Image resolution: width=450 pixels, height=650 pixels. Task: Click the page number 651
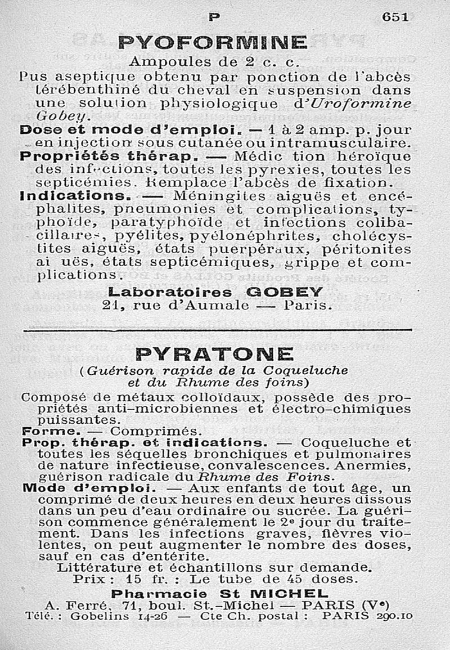[x=395, y=17]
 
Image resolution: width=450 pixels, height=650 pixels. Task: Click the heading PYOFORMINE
[x=213, y=43]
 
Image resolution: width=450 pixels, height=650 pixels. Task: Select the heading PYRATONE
[x=214, y=354]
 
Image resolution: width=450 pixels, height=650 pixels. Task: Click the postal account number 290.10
[x=393, y=616]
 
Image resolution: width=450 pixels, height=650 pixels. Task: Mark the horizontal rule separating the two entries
[x=217, y=330]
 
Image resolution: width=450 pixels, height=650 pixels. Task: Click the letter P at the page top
[x=214, y=17]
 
